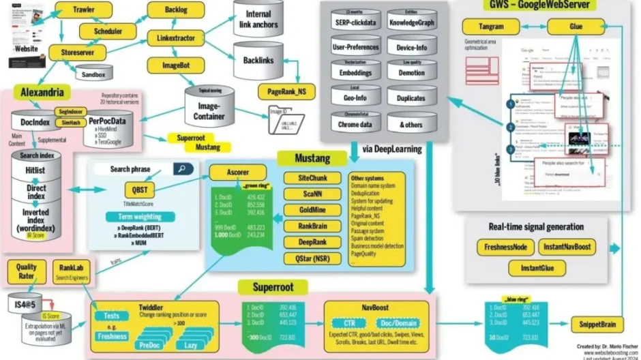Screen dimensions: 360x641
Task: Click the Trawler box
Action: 83,10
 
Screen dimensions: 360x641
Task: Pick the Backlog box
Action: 167,11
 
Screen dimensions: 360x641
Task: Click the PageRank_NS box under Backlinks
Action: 286,91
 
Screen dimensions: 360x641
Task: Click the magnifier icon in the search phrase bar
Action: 182,168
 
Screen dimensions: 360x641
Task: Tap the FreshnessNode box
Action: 501,247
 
